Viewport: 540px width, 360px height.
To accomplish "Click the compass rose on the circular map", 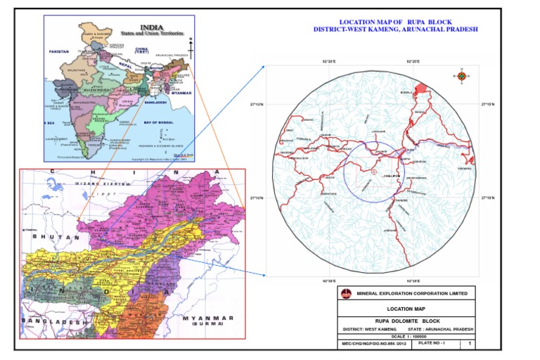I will [462, 76].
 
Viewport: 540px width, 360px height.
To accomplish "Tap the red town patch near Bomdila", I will [421, 89].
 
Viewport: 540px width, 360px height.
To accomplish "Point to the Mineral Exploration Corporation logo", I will [345, 294].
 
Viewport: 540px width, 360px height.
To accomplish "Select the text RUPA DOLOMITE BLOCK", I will [406, 320].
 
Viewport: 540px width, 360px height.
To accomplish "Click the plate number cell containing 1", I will [469, 344].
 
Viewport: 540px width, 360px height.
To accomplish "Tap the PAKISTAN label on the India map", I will [60, 52].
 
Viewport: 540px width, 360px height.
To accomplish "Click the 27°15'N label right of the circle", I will [488, 104].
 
